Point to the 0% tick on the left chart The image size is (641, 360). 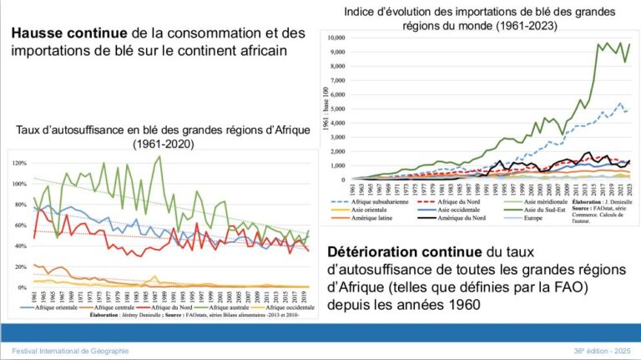(x=22, y=287)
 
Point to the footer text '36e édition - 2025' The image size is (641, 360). (x=598, y=352)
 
